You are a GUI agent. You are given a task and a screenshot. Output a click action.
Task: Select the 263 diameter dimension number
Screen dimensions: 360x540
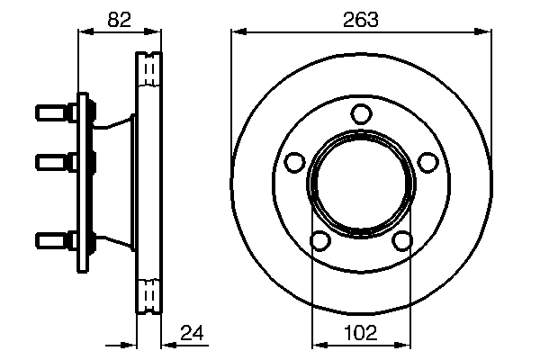click(x=360, y=17)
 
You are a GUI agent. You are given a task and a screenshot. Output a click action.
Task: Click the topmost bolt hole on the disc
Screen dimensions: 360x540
click(x=361, y=113)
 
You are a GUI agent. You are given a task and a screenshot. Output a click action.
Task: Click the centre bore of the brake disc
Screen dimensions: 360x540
click(x=361, y=183)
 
